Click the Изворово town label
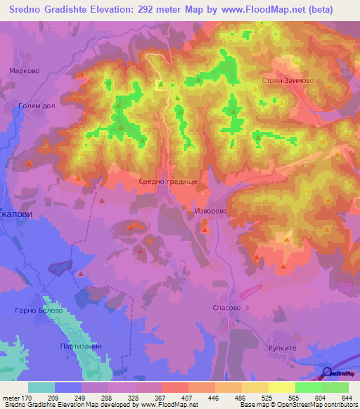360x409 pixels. tap(209, 210)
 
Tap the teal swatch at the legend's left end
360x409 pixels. tap(41, 387)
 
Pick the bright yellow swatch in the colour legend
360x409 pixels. tap(281, 387)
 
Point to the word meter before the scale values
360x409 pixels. tap(11, 397)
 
